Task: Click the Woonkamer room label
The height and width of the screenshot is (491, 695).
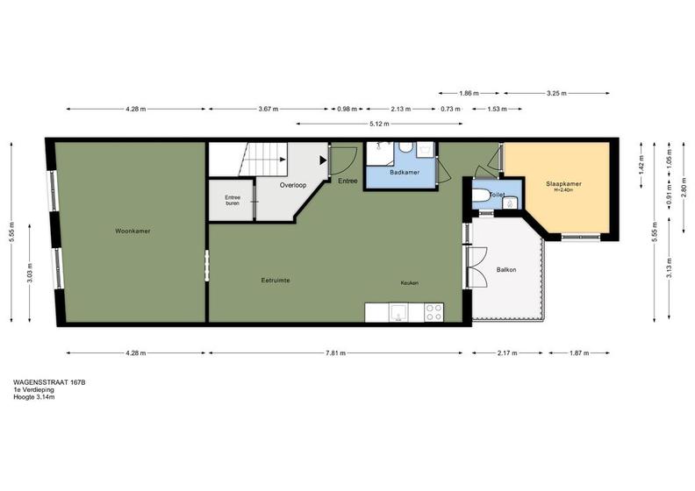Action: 133,231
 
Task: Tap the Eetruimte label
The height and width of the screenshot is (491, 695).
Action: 276,281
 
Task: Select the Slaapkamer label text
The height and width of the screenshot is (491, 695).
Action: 563,184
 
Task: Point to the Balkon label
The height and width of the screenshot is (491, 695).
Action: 506,270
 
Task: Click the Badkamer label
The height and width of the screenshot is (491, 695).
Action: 405,172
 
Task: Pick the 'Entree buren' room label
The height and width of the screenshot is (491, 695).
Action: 233,201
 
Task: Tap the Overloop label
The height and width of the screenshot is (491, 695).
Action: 293,185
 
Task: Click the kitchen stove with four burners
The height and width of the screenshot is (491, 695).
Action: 433,312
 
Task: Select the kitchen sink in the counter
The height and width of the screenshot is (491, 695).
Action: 399,313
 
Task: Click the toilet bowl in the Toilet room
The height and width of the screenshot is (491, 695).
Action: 481,195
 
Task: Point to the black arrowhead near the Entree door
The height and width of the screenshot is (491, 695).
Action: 324,160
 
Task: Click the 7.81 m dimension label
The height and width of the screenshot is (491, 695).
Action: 335,352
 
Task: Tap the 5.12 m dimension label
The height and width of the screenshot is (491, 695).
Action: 379,124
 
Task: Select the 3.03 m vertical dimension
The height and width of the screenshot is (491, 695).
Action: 30,274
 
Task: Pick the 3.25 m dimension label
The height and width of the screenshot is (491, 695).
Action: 556,94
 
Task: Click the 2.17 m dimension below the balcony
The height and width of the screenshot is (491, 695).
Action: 507,352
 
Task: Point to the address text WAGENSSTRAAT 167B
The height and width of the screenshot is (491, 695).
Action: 49,382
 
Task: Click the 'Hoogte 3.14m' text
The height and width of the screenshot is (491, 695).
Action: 34,397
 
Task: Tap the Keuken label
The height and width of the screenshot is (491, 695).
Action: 410,283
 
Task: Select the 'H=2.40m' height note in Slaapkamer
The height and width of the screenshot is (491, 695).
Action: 563,190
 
